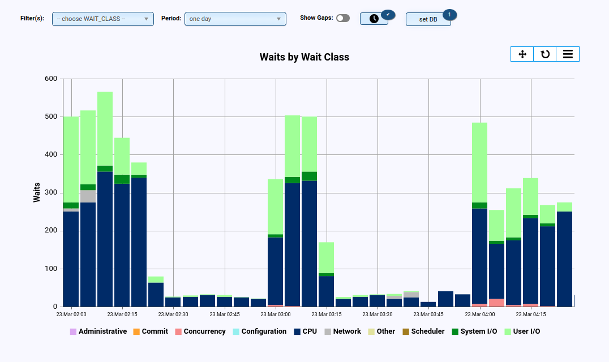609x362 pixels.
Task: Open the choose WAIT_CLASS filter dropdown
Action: tap(102, 19)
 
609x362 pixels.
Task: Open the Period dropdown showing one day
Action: tap(235, 19)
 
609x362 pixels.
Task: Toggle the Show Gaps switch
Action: tap(343, 18)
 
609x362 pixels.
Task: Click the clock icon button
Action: tap(374, 19)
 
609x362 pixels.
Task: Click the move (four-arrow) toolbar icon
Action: tap(522, 54)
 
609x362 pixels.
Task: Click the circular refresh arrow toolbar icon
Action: tap(545, 54)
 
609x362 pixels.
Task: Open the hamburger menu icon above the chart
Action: tap(568, 54)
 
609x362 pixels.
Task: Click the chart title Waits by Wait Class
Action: tap(304, 57)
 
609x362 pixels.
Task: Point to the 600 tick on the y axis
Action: tap(50, 79)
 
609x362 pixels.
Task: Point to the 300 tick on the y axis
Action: tap(50, 193)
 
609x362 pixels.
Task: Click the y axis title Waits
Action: tap(37, 192)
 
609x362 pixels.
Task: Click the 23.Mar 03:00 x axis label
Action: tap(276, 314)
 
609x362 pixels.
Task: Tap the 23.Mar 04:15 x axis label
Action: tap(531, 314)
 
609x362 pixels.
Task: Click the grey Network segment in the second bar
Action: tap(88, 196)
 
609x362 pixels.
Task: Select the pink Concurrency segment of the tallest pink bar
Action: tap(496, 303)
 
